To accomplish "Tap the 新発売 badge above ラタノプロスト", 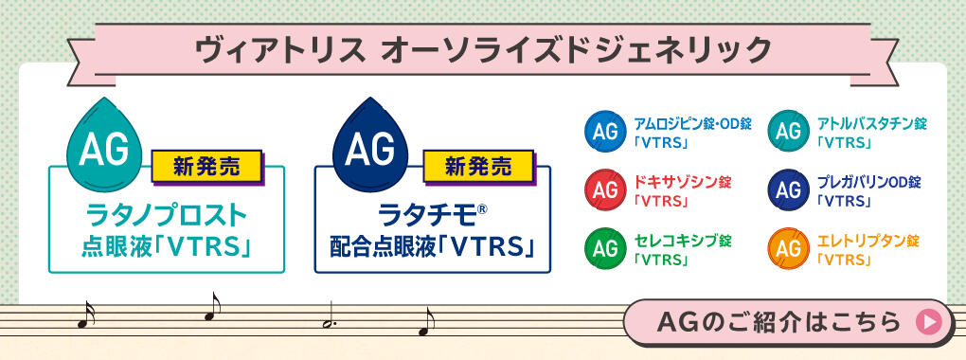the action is (206, 169).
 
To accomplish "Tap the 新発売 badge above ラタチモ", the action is (479, 168).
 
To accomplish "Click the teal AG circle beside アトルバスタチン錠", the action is (788, 133).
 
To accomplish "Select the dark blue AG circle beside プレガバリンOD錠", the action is (788, 189).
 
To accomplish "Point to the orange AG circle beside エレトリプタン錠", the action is (788, 248).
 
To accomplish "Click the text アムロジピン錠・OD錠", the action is (679, 124).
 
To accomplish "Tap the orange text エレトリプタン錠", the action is (868, 240).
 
